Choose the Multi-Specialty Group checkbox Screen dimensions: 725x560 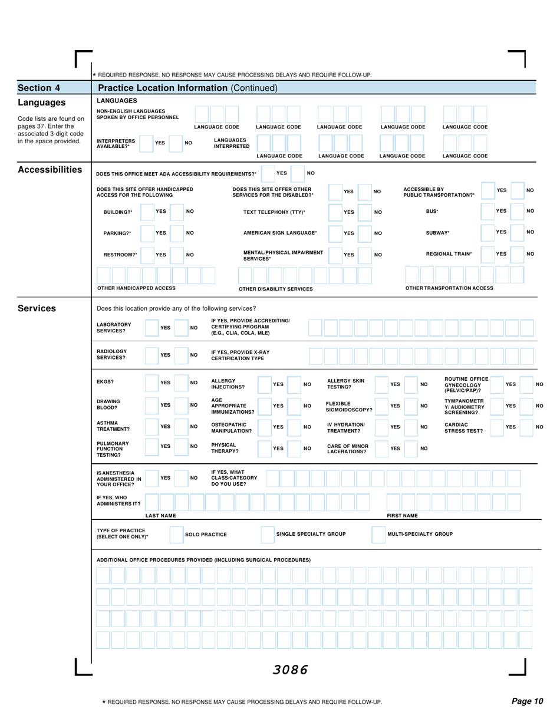pos(378,534)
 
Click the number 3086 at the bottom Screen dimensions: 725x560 pos(289,670)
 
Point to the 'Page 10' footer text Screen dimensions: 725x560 pos(526,701)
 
